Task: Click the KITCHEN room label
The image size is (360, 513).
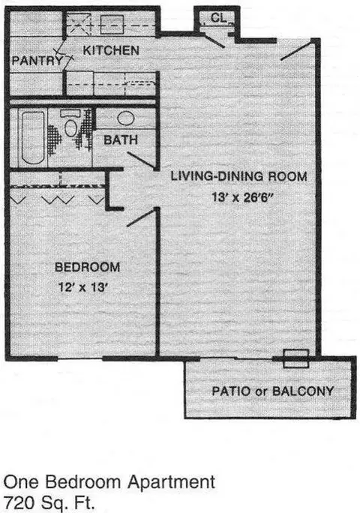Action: click(x=111, y=50)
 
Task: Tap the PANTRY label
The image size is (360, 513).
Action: click(x=37, y=61)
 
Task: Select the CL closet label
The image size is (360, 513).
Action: click(x=219, y=18)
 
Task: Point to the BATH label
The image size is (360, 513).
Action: click(x=121, y=140)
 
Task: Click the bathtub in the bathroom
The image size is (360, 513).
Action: click(x=33, y=138)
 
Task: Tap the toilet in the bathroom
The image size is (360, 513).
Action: click(x=70, y=124)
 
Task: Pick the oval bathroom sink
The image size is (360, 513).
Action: click(x=126, y=118)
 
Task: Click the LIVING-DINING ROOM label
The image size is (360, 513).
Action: click(x=239, y=176)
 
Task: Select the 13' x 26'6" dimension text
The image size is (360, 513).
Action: click(x=242, y=197)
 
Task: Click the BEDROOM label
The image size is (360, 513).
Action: click(x=88, y=267)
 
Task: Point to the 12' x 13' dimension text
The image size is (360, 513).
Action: click(x=83, y=287)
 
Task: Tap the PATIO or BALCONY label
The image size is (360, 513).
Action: click(x=273, y=391)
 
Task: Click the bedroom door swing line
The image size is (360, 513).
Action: click(x=140, y=217)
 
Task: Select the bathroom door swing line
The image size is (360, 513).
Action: click(x=141, y=160)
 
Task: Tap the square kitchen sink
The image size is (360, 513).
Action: click(x=112, y=24)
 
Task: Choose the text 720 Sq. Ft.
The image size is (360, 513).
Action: click(x=49, y=502)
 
